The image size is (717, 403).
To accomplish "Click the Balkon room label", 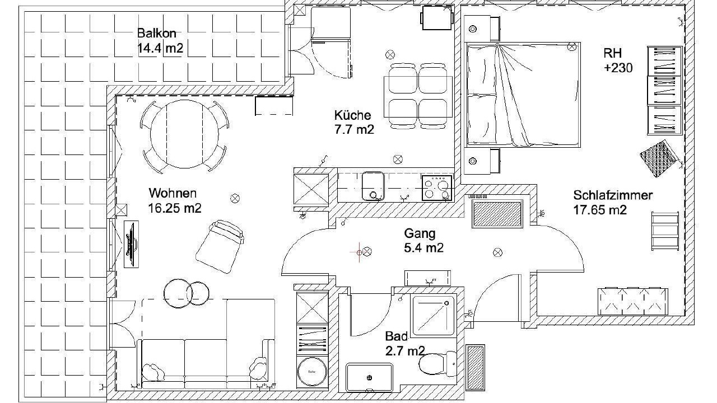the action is tap(156, 33).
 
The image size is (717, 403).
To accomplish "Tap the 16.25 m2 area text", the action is tap(175, 209).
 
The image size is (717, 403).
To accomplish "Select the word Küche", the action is tap(353, 115).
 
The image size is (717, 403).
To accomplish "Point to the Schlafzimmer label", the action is tap(613, 195).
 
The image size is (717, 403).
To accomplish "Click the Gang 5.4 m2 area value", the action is tap(424, 248).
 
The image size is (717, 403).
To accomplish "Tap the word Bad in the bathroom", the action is tap(397, 336).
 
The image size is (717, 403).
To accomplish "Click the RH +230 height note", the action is tap(618, 60).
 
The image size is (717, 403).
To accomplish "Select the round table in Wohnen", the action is tap(184, 134).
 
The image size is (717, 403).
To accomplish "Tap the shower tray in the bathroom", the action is tap(433, 315).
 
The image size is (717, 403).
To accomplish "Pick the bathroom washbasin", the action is tap(369, 377).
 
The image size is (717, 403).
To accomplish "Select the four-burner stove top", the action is tap(436, 188).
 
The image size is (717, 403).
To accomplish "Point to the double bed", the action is tap(523, 95).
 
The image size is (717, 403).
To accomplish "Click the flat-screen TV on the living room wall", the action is tap(131, 244).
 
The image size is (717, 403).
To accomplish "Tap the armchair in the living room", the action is tap(220, 246).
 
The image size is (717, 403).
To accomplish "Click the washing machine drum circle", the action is tap(312, 372).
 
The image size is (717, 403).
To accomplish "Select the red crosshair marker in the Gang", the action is tap(359, 252).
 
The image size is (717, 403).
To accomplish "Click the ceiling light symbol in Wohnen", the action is tap(235, 198).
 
